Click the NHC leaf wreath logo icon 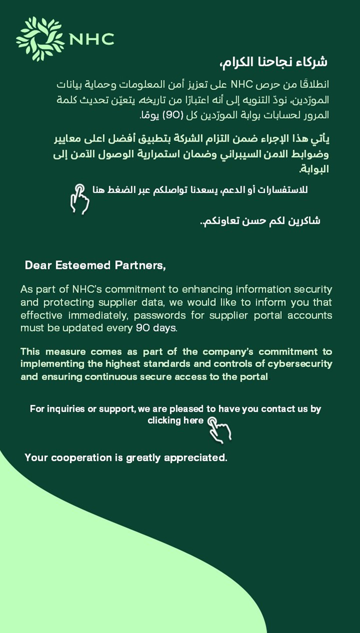click(40, 39)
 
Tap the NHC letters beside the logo click(91, 39)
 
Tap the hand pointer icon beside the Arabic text click(80, 198)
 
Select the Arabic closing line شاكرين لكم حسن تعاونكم click(260, 221)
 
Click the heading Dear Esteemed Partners click(95, 265)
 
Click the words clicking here click(175, 420)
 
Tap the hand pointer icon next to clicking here click(220, 429)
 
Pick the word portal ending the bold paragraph click(253, 377)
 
